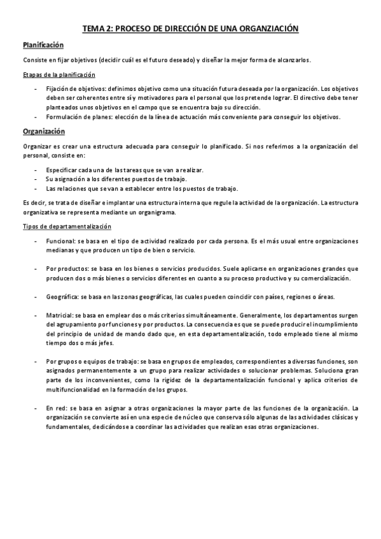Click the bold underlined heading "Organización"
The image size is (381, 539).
(x=44, y=132)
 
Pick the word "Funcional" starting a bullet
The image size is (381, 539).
(x=60, y=241)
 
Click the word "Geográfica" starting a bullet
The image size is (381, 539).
(x=62, y=297)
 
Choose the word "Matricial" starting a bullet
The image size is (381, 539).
(x=60, y=315)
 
